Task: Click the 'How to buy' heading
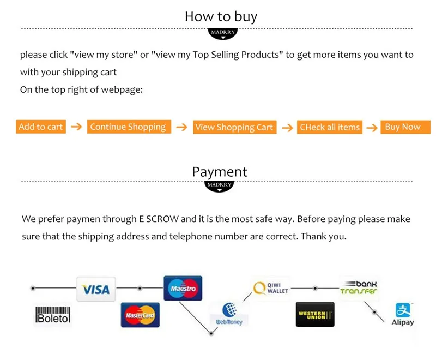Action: [x=221, y=16]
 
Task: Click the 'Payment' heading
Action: [x=219, y=172]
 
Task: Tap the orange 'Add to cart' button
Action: [x=41, y=127]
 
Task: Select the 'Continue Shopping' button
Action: [x=128, y=127]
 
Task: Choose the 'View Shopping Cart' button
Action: [x=234, y=128]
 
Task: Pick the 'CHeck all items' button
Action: [x=330, y=128]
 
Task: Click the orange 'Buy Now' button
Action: [x=403, y=127]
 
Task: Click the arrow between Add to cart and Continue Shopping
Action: [x=76, y=127]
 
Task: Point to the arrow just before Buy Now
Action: [x=372, y=128]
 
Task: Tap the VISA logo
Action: [x=96, y=289]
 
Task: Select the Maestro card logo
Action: [x=183, y=288]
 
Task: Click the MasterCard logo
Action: [x=140, y=315]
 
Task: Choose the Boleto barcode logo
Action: [x=53, y=315]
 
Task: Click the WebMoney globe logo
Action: [x=228, y=315]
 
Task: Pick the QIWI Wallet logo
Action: [x=271, y=287]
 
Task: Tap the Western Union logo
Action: [x=315, y=315]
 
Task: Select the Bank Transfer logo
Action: [x=359, y=287]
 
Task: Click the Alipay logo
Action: [x=403, y=315]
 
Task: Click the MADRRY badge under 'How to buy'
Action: [x=222, y=33]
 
